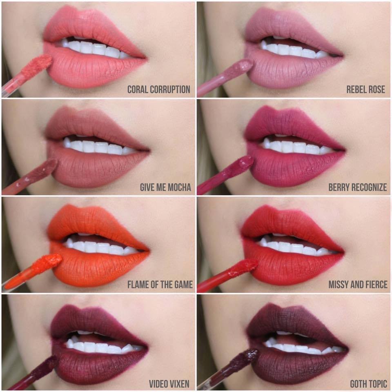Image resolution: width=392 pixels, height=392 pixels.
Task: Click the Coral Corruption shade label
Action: click(x=158, y=89)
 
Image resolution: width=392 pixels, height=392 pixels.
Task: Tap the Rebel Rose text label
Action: click(x=365, y=89)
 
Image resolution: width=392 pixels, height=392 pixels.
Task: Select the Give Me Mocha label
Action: click(x=165, y=187)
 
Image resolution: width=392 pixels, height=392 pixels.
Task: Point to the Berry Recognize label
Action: click(x=357, y=187)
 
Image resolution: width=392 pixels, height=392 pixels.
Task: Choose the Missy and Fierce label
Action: click(x=358, y=285)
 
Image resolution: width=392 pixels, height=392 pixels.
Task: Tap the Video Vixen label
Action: click(x=169, y=383)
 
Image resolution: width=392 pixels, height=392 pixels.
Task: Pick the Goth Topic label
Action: click(x=368, y=383)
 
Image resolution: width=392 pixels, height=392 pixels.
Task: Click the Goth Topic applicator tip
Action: click(x=247, y=356)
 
